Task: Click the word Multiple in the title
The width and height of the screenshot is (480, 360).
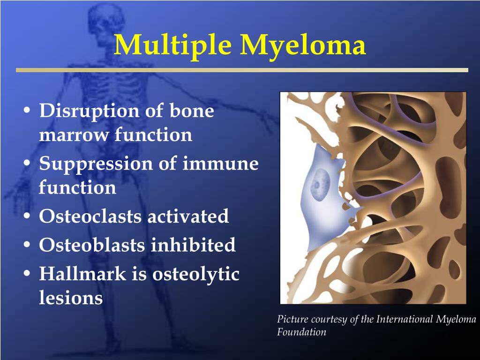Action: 172,45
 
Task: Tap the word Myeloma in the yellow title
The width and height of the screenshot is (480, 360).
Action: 303,45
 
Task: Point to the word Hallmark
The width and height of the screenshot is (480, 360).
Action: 82,273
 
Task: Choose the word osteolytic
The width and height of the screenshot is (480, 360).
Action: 196,275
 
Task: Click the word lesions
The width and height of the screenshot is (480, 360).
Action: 71,297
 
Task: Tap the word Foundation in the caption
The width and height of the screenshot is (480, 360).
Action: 301,332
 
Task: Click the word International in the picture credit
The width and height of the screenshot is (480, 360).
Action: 404,319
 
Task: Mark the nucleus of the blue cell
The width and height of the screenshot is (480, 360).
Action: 320,185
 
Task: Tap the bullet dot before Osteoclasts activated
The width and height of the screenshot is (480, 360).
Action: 27,216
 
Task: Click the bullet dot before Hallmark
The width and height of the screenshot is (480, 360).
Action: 27,274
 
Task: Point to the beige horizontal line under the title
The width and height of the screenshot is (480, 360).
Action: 242,70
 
